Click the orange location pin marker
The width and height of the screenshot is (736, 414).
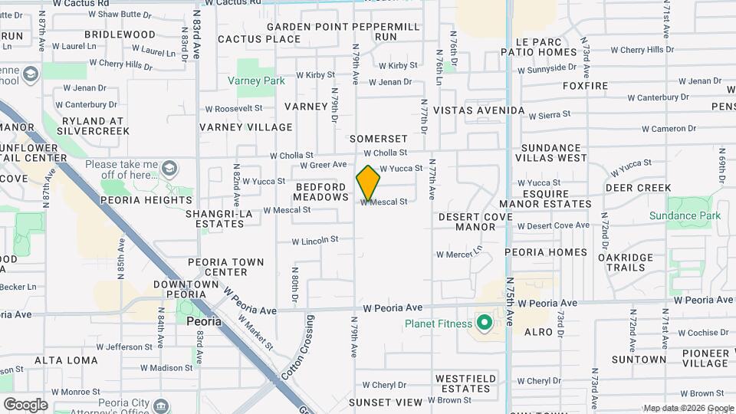[368, 182]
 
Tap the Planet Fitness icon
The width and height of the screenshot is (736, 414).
[484, 323]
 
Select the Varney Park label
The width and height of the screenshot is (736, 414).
[256, 80]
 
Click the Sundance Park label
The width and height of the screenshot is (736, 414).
[685, 216]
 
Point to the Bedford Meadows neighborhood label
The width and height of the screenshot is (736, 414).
[321, 192]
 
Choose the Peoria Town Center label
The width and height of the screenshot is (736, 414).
[227, 267]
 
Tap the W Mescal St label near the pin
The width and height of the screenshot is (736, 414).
[383, 202]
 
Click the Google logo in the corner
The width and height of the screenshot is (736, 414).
[25, 404]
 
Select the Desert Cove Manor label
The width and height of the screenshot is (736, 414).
[476, 222]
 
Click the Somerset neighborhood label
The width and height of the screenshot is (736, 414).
[378, 139]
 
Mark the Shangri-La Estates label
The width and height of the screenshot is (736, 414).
[219, 219]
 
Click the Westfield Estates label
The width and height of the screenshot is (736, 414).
[462, 383]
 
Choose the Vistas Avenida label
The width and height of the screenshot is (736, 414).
[478, 110]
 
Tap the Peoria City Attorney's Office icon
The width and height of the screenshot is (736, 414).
[161, 404]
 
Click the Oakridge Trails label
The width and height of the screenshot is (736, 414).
[626, 262]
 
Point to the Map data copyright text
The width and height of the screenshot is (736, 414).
[687, 408]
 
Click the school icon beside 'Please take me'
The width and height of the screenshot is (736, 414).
[169, 167]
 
